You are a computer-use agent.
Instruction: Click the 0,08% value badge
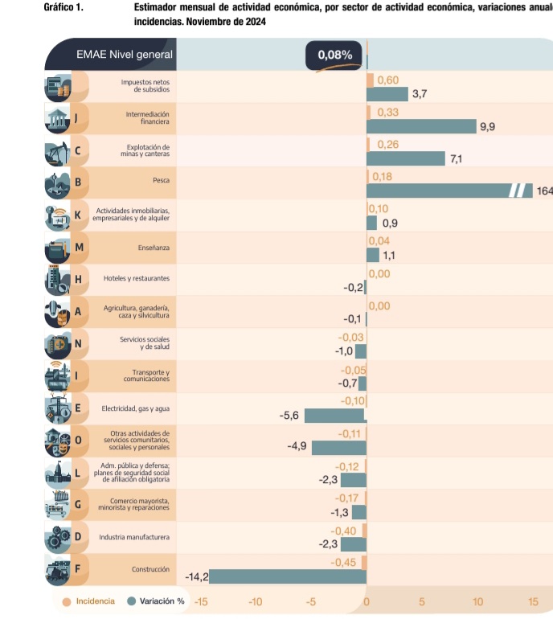click(x=334, y=55)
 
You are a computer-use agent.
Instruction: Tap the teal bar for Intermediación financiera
click(x=421, y=126)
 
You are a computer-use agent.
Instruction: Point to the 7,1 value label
click(x=456, y=158)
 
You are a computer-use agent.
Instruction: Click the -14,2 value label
click(x=196, y=577)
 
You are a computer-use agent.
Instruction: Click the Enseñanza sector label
click(x=154, y=247)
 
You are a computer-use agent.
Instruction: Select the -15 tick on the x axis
click(x=200, y=601)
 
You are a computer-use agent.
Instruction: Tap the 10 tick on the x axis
click(x=478, y=601)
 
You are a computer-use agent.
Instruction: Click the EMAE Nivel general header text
click(x=124, y=55)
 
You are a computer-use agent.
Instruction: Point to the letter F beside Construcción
click(x=77, y=568)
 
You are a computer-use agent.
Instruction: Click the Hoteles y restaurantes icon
click(x=56, y=279)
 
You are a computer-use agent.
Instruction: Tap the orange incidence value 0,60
click(x=387, y=80)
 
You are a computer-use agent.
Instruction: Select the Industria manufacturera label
click(x=134, y=536)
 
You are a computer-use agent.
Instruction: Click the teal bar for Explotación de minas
click(x=405, y=158)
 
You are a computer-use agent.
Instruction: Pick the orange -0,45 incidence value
click(x=344, y=562)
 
